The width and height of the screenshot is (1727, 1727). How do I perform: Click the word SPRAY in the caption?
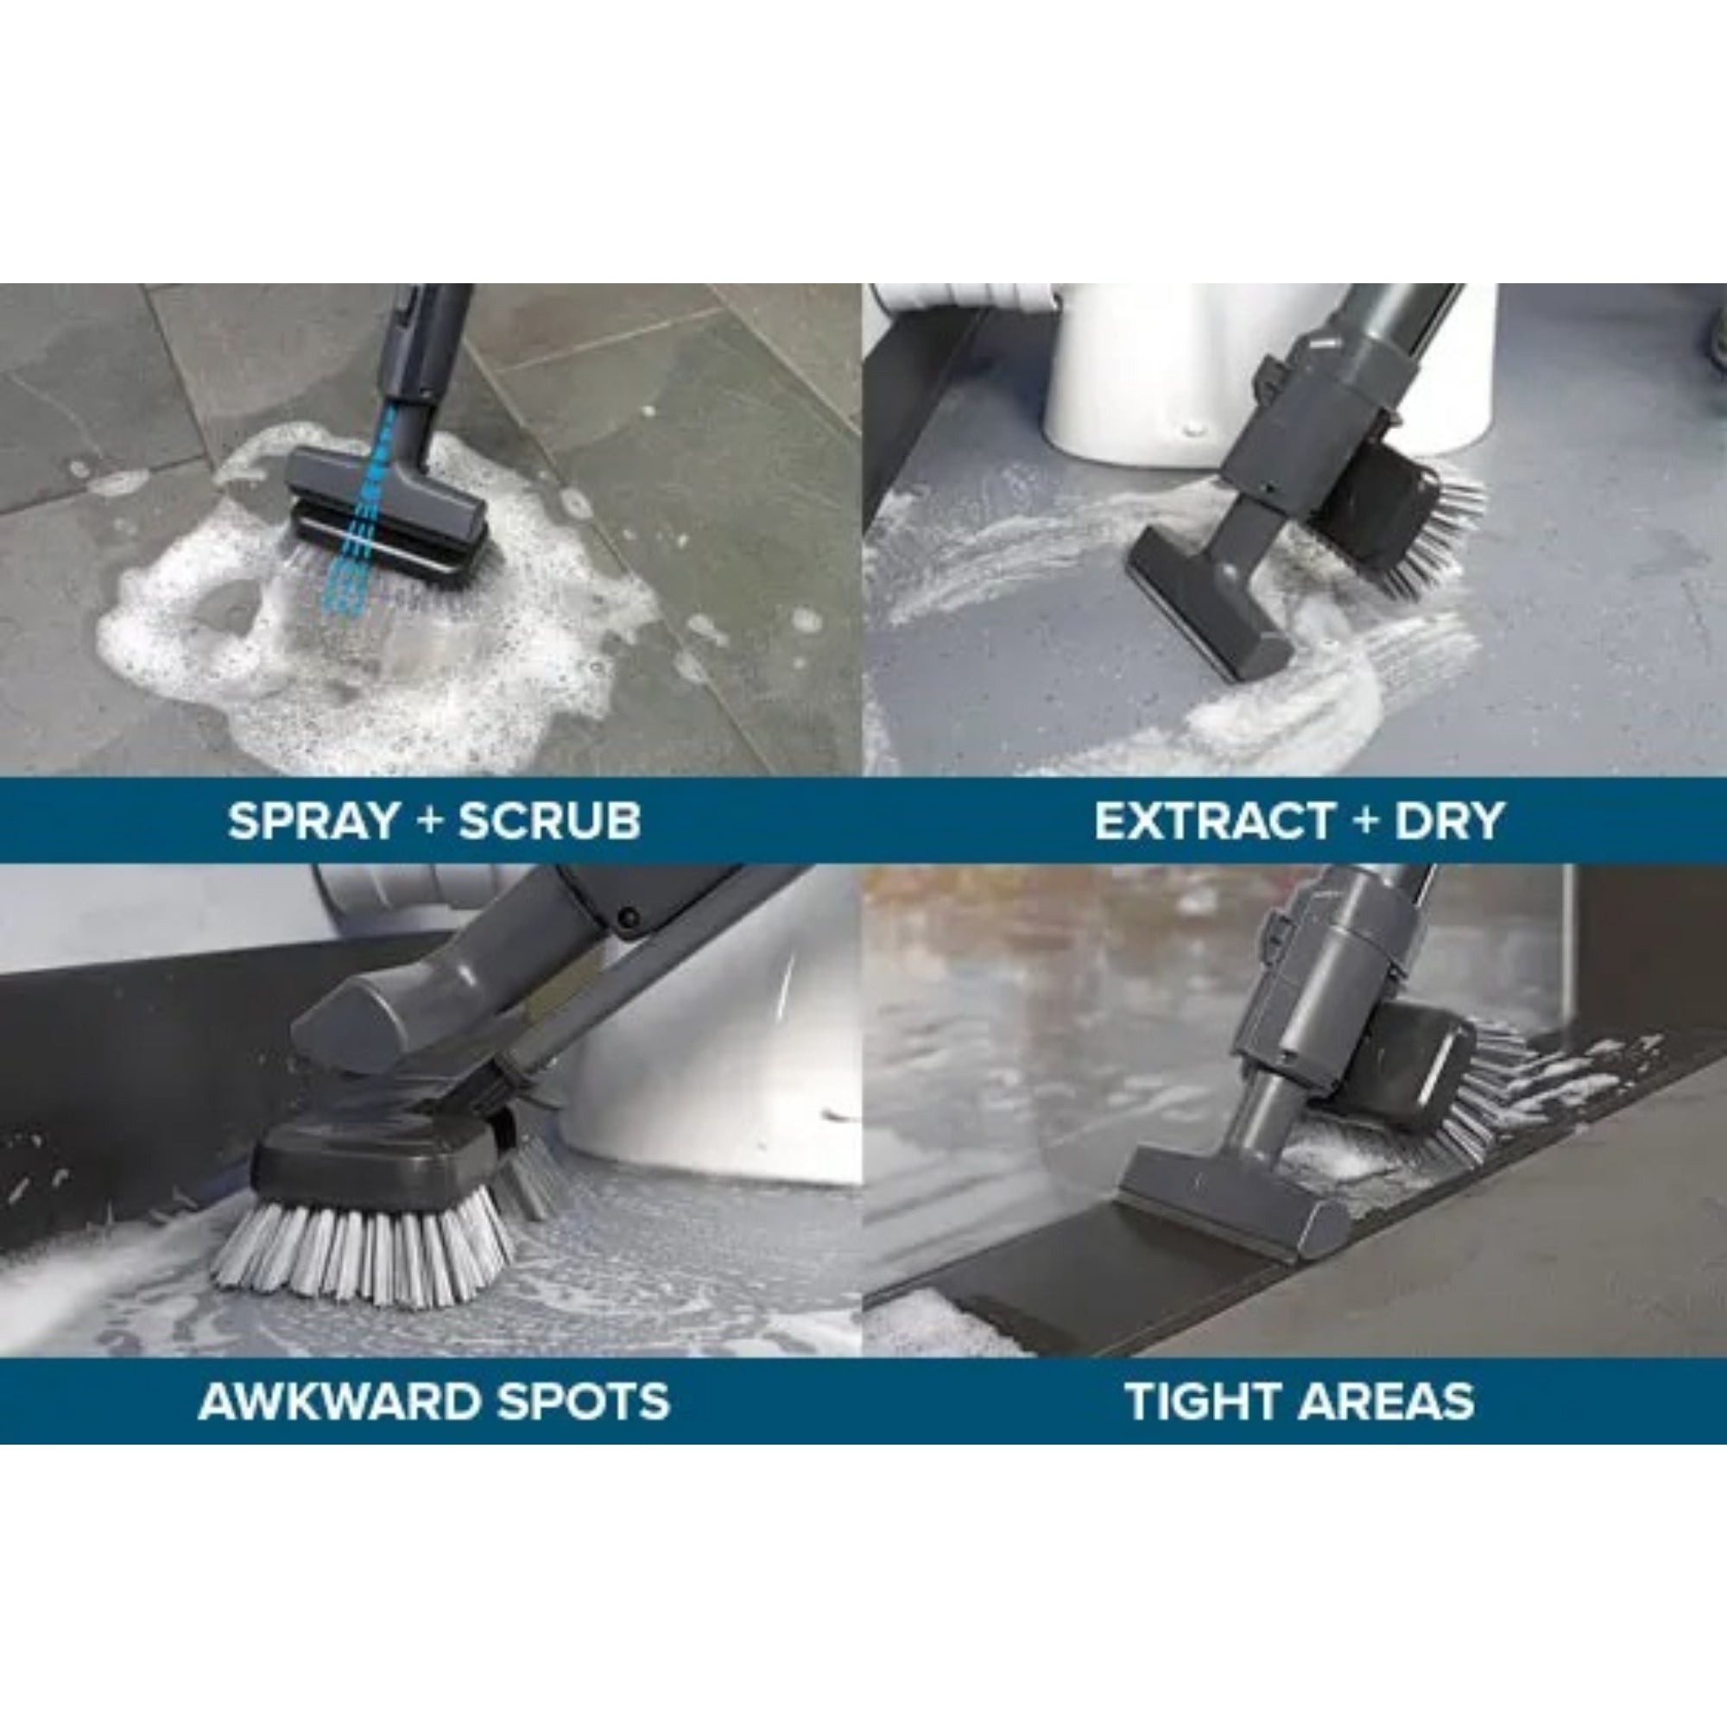[x=313, y=820]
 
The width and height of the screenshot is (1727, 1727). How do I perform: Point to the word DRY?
[x=1449, y=820]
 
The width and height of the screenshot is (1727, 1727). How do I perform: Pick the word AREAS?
[x=1387, y=1401]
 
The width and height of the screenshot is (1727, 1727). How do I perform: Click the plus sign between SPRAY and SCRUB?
[x=430, y=820]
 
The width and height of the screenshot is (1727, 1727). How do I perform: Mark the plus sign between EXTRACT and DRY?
[x=1364, y=820]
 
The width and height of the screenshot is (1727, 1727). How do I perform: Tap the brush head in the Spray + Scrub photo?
[x=389, y=514]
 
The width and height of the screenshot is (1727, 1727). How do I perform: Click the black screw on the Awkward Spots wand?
[x=629, y=917]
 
